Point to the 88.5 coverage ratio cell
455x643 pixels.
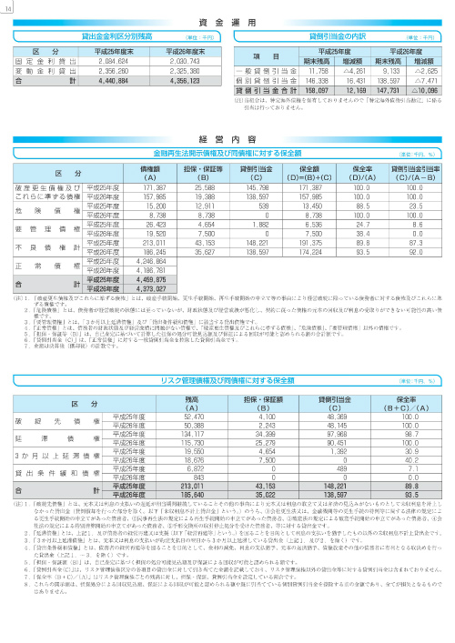363,206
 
